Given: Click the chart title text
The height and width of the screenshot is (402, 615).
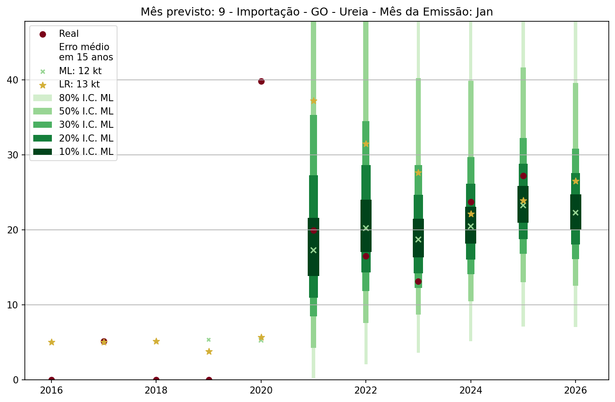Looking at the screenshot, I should [x=317, y=12].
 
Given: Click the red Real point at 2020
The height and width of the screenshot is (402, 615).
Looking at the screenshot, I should [x=261, y=81].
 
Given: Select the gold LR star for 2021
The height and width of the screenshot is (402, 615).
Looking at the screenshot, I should [x=313, y=101].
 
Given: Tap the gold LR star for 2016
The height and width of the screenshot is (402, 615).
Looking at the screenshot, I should [x=51, y=342].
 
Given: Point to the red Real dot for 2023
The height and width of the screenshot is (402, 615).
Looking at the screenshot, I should [x=418, y=281].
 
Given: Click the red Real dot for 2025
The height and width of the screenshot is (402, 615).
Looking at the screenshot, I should [x=523, y=176].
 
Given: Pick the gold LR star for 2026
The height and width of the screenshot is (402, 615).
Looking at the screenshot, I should [x=576, y=181].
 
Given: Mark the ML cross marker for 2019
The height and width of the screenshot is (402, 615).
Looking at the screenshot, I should [x=208, y=340].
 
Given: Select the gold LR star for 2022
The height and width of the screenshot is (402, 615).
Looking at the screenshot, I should [x=366, y=144].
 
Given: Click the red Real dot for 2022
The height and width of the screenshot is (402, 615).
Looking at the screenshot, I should [x=366, y=256].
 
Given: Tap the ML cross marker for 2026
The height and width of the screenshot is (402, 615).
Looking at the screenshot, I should [x=576, y=213].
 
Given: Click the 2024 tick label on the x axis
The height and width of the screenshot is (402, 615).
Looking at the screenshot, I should [x=470, y=390].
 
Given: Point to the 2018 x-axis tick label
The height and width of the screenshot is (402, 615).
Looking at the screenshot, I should [x=156, y=390].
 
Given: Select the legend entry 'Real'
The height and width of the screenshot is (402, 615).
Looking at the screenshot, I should [x=69, y=34].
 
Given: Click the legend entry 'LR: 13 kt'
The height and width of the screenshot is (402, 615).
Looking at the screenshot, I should [x=79, y=84].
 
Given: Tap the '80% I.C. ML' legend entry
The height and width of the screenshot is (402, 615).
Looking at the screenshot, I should [x=86, y=98].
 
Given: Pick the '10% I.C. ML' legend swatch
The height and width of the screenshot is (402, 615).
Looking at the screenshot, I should [x=43, y=152].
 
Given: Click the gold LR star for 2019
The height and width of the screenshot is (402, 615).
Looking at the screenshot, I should [x=209, y=351].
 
